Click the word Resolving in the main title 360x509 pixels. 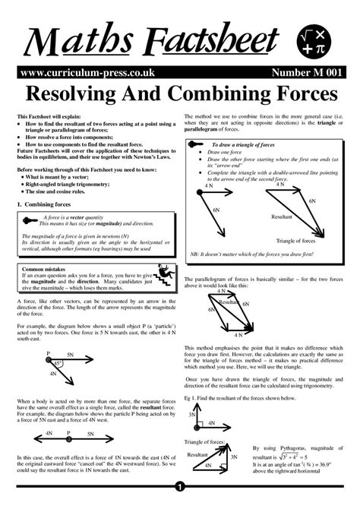[74, 95]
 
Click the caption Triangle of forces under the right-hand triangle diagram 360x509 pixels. [286, 240]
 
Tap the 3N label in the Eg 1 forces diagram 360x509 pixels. [193, 415]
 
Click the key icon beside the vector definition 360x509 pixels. [30, 217]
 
